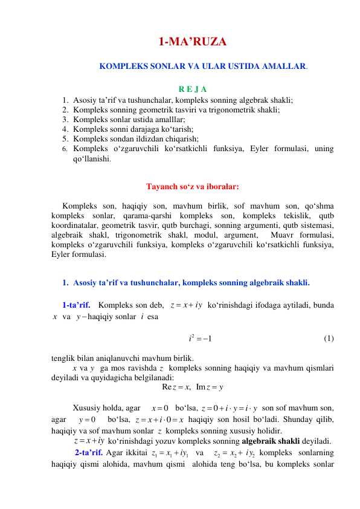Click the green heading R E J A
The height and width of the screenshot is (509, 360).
193,89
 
